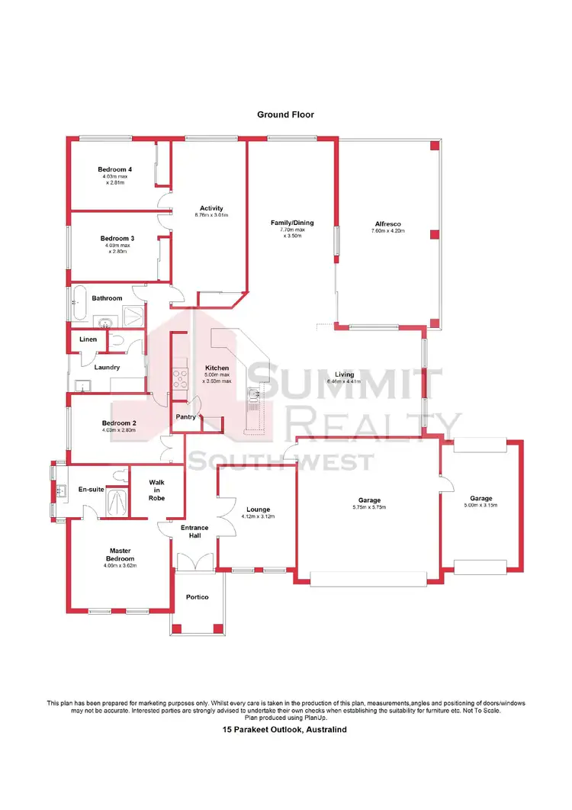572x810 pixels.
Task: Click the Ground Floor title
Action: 285,114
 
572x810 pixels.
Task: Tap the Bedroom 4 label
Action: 114,169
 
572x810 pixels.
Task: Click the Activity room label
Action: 211,208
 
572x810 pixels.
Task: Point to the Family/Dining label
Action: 292,223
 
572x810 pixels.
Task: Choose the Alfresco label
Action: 387,223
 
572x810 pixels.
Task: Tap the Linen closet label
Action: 87,339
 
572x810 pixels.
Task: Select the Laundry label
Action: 107,368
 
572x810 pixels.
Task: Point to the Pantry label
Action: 186,417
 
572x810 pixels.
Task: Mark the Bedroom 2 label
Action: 119,424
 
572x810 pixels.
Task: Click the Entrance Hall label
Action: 194,532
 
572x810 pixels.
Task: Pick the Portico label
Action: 197,596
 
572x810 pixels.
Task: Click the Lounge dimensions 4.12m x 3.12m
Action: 258,517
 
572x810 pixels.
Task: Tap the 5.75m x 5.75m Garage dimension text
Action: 369,507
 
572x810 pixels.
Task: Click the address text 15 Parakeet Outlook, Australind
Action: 285,730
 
